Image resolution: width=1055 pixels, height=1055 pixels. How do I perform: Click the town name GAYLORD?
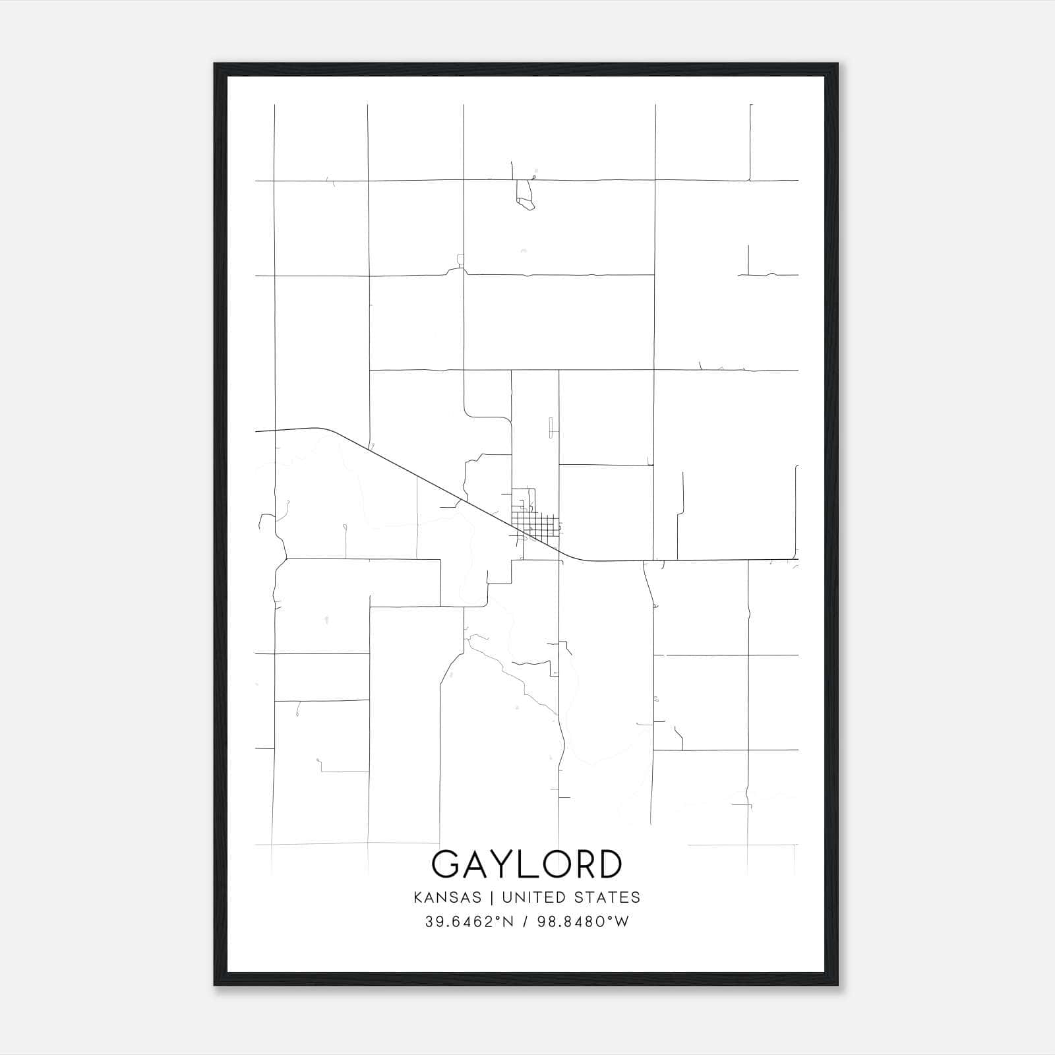coord(526,864)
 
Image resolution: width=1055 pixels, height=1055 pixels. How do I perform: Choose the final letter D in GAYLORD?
coord(607,864)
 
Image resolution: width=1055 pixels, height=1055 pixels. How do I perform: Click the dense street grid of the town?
coord(535,526)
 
